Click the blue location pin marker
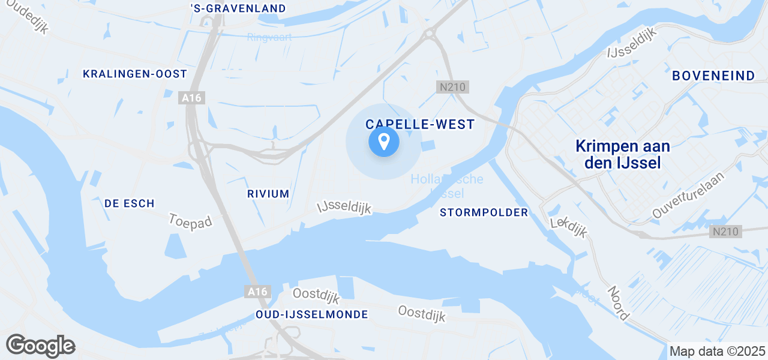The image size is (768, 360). (x=383, y=143)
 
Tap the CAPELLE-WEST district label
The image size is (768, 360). (x=420, y=124)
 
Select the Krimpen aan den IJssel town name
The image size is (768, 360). (x=622, y=154)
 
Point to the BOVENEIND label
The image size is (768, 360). (x=713, y=76)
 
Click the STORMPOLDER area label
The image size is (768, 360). (x=484, y=212)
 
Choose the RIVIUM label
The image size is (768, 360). (x=268, y=194)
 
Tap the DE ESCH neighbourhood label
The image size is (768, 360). (x=130, y=203)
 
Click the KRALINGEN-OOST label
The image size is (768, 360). (x=135, y=74)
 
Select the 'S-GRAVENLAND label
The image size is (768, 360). (x=238, y=8)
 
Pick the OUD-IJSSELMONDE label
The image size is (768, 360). (x=311, y=314)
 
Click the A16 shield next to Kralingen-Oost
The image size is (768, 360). (x=192, y=98)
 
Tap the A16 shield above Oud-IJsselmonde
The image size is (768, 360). (x=258, y=292)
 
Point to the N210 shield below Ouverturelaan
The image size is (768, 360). (x=725, y=232)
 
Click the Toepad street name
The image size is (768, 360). (x=191, y=221)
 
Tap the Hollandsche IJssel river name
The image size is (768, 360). (x=447, y=186)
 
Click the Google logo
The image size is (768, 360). (x=40, y=346)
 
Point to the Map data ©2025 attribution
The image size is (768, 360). (x=717, y=351)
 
